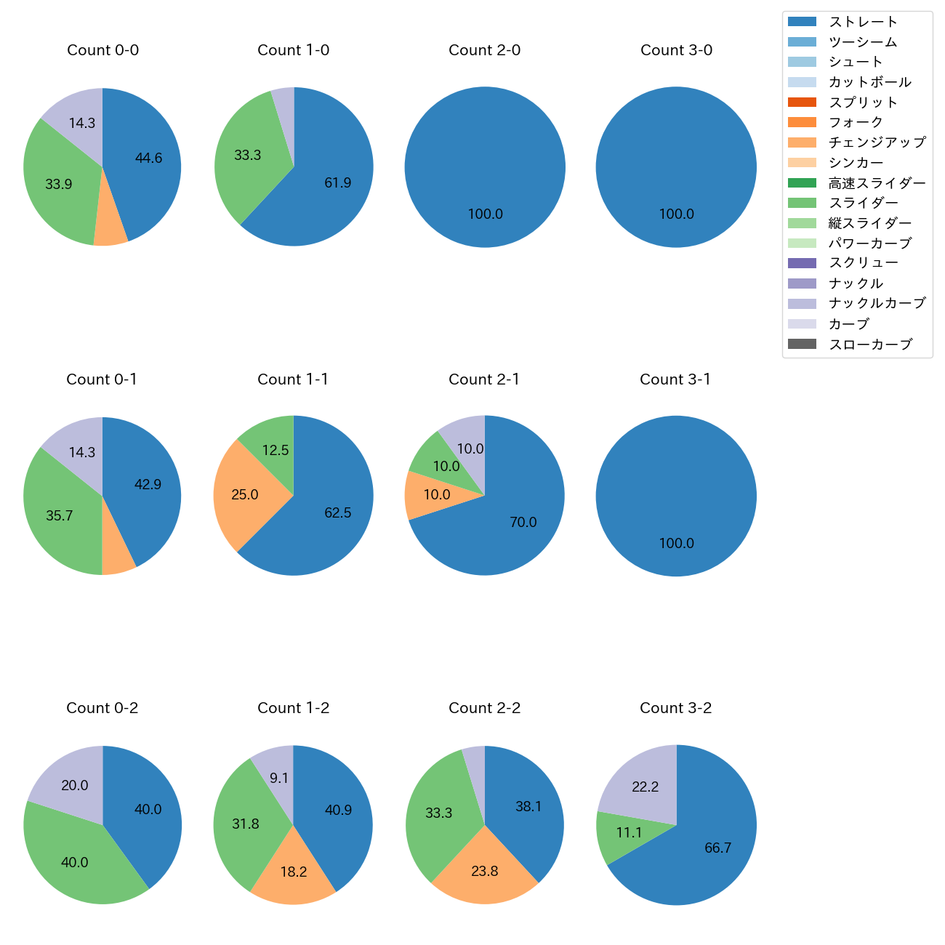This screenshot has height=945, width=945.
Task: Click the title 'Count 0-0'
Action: [102, 50]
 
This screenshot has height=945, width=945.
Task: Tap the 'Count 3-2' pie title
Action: [675, 708]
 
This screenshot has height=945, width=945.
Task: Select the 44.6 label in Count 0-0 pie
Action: [148, 158]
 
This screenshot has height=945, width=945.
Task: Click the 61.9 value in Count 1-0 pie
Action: [337, 182]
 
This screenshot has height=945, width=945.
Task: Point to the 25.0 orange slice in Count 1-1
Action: [245, 494]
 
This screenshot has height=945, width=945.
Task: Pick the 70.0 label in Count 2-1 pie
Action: [523, 522]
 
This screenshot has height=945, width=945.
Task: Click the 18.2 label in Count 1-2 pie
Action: [293, 872]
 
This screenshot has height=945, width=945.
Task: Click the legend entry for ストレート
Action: [863, 22]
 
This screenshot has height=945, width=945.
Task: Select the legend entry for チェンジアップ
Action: [877, 142]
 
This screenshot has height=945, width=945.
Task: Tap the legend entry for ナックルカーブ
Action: [877, 303]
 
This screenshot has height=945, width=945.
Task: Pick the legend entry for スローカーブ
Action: [870, 344]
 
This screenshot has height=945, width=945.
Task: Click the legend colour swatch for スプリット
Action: [802, 102]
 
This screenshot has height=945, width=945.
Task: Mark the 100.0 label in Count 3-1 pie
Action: [676, 543]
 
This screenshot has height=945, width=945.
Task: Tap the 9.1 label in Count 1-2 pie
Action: [279, 778]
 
